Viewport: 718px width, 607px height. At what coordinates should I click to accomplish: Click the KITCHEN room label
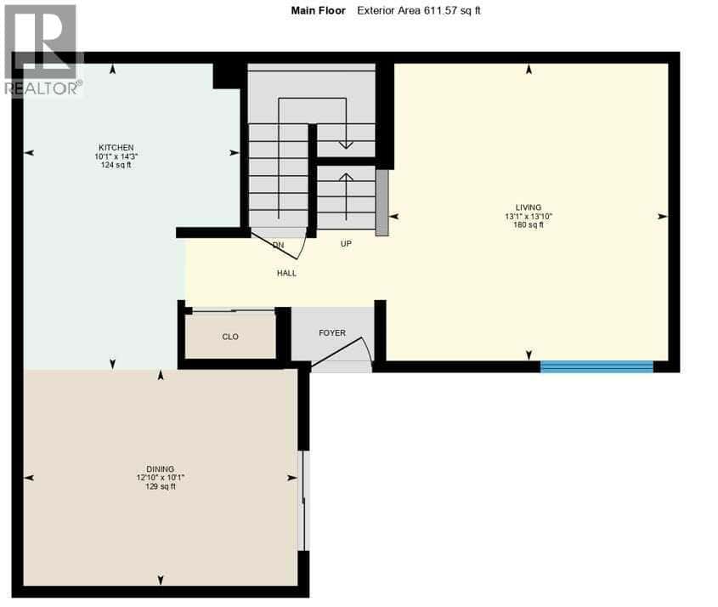pyautogui.click(x=114, y=147)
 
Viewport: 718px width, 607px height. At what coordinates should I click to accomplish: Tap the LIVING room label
pyautogui.click(x=529, y=207)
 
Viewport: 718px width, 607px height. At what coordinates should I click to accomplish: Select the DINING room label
pyautogui.click(x=160, y=468)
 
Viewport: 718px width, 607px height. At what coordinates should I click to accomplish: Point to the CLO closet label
pyautogui.click(x=230, y=337)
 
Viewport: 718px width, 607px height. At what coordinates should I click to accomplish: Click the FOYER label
pyautogui.click(x=332, y=332)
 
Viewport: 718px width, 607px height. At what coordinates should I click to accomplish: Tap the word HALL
pyautogui.click(x=286, y=273)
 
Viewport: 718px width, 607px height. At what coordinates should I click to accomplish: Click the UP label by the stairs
pyautogui.click(x=346, y=243)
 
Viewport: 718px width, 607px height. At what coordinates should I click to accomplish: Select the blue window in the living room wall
pyautogui.click(x=596, y=366)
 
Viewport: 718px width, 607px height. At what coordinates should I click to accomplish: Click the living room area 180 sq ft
pyautogui.click(x=529, y=225)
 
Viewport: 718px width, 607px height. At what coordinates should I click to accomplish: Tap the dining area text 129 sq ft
pyautogui.click(x=160, y=486)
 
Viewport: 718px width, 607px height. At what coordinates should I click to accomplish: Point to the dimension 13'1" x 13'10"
pyautogui.click(x=529, y=216)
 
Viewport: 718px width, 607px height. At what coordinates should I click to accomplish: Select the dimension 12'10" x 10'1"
pyautogui.click(x=160, y=478)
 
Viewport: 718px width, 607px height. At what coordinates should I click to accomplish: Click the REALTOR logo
pyautogui.click(x=42, y=49)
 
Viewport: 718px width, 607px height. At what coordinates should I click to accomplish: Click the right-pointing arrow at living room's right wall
pyautogui.click(x=662, y=216)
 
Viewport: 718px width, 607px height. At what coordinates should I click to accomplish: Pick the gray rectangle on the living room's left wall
pyautogui.click(x=382, y=202)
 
